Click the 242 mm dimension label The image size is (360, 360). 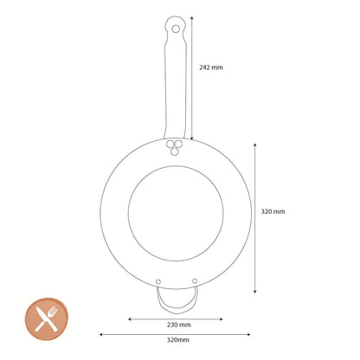[x=211, y=67]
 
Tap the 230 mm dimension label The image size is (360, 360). [x=179, y=325]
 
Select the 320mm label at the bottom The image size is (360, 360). [x=178, y=340]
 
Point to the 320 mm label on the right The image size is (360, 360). [x=273, y=211]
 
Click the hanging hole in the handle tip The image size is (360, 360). [x=176, y=29]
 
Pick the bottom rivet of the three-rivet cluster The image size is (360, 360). [x=174, y=151]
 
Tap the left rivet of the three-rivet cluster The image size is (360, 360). [x=170, y=144]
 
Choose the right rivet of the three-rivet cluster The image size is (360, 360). [x=178, y=144]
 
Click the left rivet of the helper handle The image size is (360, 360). [x=158, y=282]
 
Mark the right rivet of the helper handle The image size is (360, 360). [x=195, y=281]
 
